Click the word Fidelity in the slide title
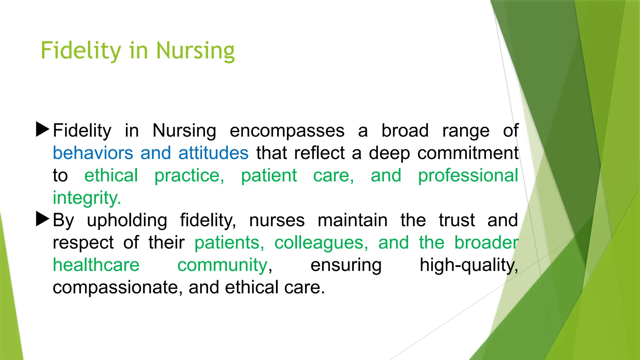(81, 51)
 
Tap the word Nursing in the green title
(195, 51)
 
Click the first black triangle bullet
(42, 129)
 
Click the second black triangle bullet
(42, 219)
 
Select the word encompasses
(287, 131)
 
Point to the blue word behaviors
(93, 153)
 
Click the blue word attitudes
(213, 153)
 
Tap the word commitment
(468, 153)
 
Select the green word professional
(468, 176)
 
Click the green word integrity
(87, 198)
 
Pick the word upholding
(127, 220)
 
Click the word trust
(457, 220)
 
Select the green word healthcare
(96, 265)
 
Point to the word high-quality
(468, 265)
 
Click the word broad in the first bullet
(405, 131)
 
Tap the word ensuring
(346, 265)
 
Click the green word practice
(189, 176)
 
